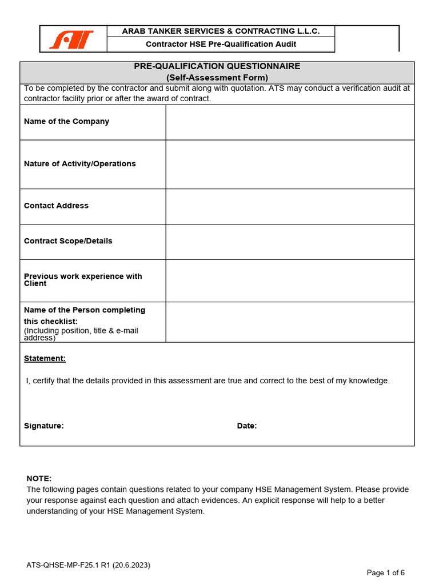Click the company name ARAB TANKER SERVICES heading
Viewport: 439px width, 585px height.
221,31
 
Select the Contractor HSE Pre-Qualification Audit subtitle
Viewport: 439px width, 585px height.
221,44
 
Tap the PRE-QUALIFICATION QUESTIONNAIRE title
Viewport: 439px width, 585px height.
217,66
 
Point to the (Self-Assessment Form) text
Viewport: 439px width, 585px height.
217,78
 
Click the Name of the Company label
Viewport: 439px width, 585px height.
66,122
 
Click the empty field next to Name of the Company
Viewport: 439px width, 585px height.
290,122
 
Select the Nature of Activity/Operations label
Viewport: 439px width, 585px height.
79,164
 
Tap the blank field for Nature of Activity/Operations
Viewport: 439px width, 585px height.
290,165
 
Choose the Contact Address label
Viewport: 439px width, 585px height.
56,206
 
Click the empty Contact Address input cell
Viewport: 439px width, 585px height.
290,206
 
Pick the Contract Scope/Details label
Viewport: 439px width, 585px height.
68,241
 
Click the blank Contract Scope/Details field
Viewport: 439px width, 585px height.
290,242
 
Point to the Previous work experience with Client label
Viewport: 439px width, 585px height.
83,280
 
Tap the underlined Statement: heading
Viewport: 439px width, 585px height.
45,359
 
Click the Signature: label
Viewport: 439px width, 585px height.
43,426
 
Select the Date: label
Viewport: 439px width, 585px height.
247,426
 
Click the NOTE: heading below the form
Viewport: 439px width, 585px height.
39,479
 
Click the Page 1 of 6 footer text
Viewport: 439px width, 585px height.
385,573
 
